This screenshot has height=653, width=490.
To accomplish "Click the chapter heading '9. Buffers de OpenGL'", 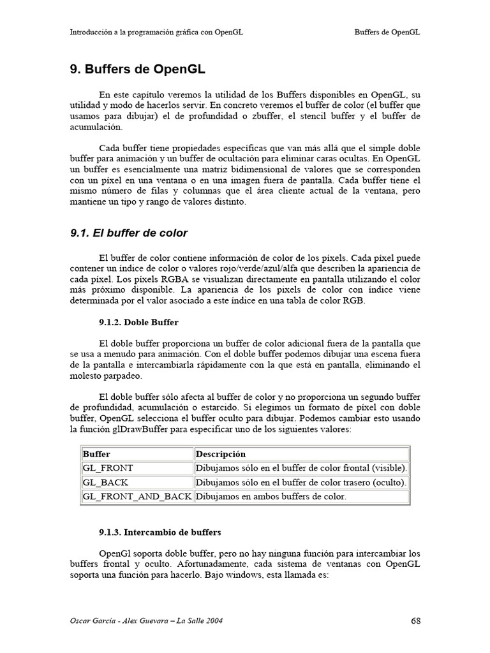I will click(137, 69).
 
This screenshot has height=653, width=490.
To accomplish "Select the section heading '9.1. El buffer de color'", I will click(129, 233).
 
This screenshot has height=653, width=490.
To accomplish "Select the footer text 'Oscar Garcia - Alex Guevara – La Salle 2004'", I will click(146, 620).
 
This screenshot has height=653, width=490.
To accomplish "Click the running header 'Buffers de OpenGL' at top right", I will click(387, 31).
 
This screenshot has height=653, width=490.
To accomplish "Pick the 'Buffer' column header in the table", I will click(96, 454).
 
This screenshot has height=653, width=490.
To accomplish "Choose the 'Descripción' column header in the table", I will click(220, 454).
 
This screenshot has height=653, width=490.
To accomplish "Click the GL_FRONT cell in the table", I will click(108, 468).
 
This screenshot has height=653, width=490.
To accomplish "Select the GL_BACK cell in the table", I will click(105, 482).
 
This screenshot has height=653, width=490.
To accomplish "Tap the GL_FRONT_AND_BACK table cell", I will click(137, 496).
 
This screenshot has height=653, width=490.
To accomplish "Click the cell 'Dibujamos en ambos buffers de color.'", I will click(271, 496).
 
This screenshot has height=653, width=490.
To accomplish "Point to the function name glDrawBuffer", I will click(137, 430).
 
